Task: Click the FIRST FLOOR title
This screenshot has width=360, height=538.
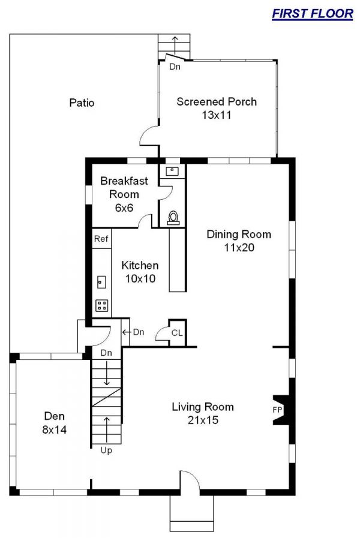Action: click(x=312, y=14)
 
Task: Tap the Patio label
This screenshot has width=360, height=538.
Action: click(x=82, y=103)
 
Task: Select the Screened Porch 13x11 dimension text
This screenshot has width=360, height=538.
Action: click(x=217, y=115)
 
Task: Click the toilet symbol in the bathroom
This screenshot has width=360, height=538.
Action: click(x=173, y=218)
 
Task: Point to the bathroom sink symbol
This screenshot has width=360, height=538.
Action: click(x=173, y=171)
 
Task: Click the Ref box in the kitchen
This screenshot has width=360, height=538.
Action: click(x=101, y=238)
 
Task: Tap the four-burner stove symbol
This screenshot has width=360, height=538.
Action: click(x=102, y=305)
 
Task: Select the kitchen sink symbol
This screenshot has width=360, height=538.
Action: click(x=101, y=282)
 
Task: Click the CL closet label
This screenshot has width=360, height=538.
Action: click(x=177, y=333)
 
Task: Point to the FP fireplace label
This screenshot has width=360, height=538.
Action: click(x=277, y=410)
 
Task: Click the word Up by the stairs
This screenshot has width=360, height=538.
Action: click(x=106, y=450)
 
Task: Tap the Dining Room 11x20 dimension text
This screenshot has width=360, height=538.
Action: click(x=239, y=247)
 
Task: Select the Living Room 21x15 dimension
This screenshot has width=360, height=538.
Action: click(x=203, y=420)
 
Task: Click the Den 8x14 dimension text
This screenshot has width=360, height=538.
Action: click(x=55, y=429)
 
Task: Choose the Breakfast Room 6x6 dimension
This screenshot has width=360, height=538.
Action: click(x=124, y=208)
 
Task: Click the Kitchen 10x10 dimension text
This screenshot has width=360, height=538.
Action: click(x=140, y=279)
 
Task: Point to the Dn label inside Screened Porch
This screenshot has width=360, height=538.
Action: click(x=175, y=67)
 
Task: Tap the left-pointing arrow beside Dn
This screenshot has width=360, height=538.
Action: click(x=127, y=332)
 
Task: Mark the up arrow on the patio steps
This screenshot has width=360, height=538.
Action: click(x=175, y=44)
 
